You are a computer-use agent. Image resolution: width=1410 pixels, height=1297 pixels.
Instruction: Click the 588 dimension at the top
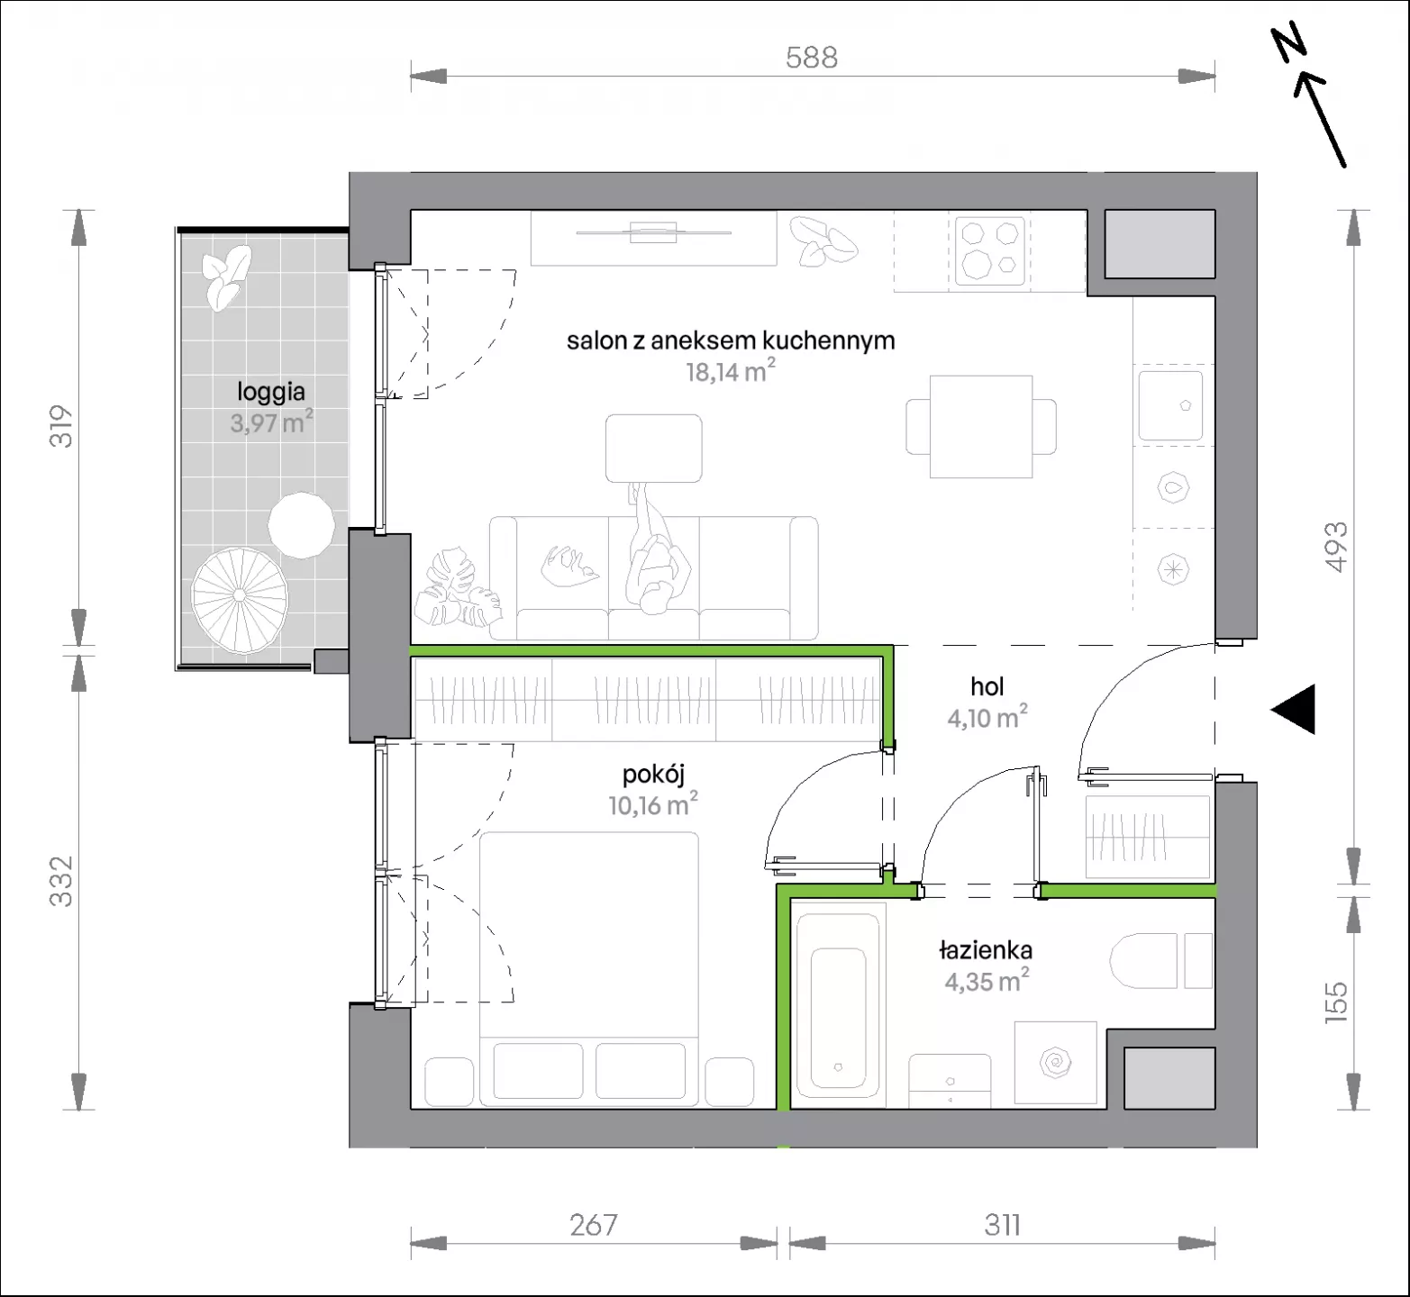(x=812, y=58)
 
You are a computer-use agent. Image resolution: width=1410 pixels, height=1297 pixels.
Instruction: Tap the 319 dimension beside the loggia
(x=60, y=427)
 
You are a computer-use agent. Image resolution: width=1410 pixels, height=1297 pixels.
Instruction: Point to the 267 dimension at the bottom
(x=594, y=1225)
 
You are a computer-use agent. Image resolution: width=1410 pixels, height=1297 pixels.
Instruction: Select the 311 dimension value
(x=1002, y=1225)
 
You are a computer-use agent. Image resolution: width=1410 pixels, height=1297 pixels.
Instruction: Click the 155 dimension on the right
(x=1336, y=1002)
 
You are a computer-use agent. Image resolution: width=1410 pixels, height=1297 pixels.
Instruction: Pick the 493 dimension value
(x=1336, y=547)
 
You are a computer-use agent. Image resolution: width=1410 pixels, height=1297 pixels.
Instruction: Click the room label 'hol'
(x=987, y=686)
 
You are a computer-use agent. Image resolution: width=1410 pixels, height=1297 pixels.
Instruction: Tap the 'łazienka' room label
(x=986, y=950)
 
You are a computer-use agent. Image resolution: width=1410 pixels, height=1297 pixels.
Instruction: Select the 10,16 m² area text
(x=653, y=803)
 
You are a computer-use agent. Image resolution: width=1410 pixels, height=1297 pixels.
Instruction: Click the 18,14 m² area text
(x=731, y=370)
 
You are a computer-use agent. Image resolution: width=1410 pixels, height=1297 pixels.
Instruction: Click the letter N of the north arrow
(x=1289, y=43)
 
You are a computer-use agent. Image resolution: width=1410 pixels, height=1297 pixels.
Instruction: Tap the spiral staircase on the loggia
(x=239, y=601)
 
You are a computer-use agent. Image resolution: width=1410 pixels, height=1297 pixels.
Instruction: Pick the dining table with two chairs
(x=981, y=427)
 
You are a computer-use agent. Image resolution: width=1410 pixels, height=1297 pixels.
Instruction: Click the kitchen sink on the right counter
(x=1170, y=405)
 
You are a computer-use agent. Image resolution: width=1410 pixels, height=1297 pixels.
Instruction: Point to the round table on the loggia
(x=302, y=526)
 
